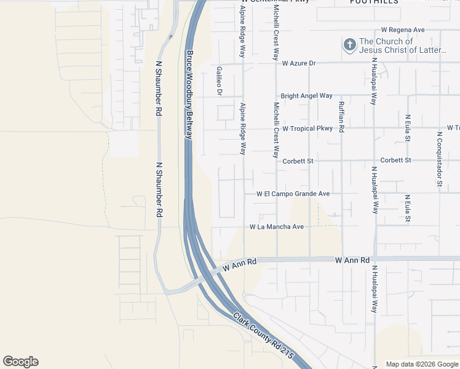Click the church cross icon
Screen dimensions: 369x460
(x=349, y=45)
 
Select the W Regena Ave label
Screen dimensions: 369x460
(x=403, y=30)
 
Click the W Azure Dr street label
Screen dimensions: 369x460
(x=299, y=63)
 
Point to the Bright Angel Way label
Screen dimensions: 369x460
(x=306, y=96)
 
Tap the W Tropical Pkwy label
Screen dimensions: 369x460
(x=308, y=129)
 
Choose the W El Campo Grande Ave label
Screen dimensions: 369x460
(x=293, y=194)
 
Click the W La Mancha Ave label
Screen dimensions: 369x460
(x=277, y=227)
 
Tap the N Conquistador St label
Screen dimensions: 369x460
(x=439, y=158)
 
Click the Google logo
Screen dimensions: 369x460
(x=20, y=362)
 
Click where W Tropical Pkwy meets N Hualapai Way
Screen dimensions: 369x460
(x=374, y=129)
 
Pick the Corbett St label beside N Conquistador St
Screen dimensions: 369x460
(x=395, y=160)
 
